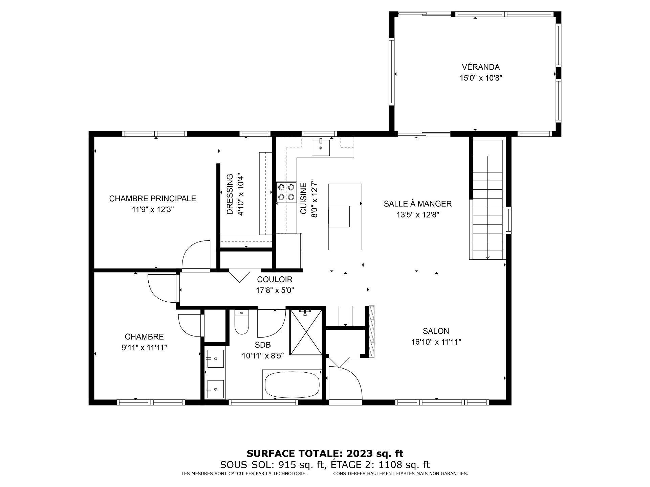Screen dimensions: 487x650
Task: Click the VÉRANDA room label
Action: click(x=480, y=67)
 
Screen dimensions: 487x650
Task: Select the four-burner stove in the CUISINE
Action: click(x=286, y=192)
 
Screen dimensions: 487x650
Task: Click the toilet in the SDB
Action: click(x=242, y=323)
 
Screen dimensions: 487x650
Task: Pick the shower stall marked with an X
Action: click(x=306, y=332)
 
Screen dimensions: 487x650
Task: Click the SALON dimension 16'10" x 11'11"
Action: click(x=436, y=342)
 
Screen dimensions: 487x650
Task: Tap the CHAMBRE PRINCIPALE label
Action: click(x=152, y=199)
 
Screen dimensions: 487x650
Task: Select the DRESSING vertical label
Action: click(x=230, y=194)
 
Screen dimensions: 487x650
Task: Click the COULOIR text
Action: click(x=275, y=279)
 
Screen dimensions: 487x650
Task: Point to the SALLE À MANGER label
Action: click(x=417, y=204)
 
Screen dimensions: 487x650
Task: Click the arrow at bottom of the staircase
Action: click(x=487, y=257)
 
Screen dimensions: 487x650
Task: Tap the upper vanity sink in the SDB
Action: click(x=215, y=358)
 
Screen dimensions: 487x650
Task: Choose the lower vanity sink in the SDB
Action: click(x=215, y=389)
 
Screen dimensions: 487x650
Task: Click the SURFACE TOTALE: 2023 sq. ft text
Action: click(x=325, y=454)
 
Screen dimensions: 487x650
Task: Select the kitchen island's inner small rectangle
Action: click(x=339, y=216)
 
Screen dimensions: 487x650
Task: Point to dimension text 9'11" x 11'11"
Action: click(x=144, y=347)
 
